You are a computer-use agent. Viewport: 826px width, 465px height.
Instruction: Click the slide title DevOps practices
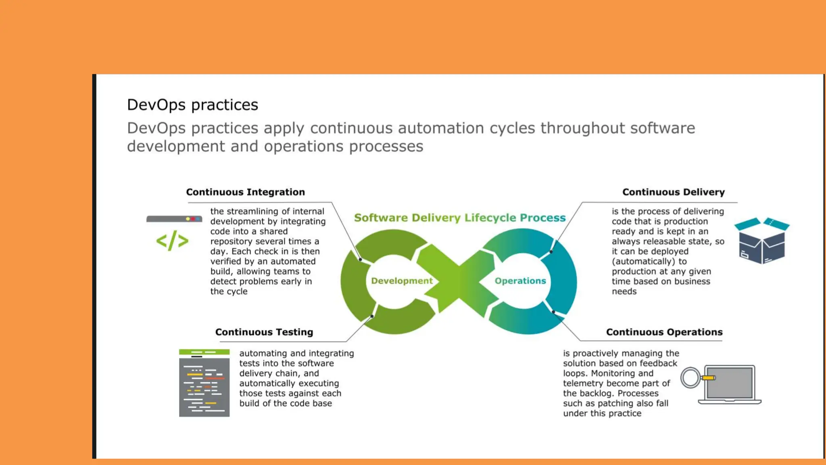(192, 105)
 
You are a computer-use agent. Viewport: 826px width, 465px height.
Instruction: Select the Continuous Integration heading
(245, 192)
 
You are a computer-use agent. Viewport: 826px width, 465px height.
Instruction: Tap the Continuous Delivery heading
(673, 192)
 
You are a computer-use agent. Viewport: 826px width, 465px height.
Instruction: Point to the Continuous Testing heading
(264, 332)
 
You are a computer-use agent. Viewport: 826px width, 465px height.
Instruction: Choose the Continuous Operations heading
(664, 332)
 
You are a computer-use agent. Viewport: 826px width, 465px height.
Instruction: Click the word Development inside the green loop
(401, 281)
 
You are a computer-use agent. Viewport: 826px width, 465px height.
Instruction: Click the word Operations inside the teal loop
(520, 281)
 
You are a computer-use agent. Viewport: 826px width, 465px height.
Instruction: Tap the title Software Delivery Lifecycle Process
(459, 218)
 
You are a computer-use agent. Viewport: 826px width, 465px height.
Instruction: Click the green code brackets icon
(172, 241)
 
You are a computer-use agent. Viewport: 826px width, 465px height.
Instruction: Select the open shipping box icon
(761, 241)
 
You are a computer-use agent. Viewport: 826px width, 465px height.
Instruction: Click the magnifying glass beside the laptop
(690, 378)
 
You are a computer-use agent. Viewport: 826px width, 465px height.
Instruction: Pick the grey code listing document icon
(204, 383)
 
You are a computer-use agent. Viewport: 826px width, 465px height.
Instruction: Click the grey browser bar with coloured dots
(174, 219)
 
